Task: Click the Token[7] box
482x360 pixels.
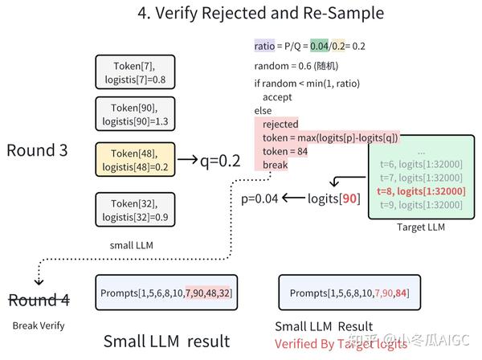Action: pyautogui.click(x=135, y=72)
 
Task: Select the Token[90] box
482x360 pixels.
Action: pyautogui.click(x=135, y=114)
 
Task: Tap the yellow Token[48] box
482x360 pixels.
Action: pyautogui.click(x=135, y=160)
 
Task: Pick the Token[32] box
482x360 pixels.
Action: pyautogui.click(x=135, y=210)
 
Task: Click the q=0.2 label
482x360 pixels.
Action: pyautogui.click(x=220, y=161)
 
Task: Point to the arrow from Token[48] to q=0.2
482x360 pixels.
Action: pyautogui.click(x=187, y=159)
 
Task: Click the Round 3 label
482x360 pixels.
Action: pyautogui.click(x=37, y=150)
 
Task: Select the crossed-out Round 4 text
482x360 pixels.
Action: pyautogui.click(x=39, y=300)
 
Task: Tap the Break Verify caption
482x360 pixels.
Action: pyautogui.click(x=39, y=325)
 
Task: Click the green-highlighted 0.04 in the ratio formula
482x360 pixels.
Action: pyautogui.click(x=319, y=46)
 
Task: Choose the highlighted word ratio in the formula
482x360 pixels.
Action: pyautogui.click(x=264, y=46)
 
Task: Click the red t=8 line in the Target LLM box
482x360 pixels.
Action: pyautogui.click(x=421, y=191)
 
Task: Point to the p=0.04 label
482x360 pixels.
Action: pyautogui.click(x=259, y=198)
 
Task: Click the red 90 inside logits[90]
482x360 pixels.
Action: pyautogui.click(x=349, y=198)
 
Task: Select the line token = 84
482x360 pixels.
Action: pyautogui.click(x=285, y=151)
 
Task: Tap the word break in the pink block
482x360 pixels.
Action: pyautogui.click(x=275, y=165)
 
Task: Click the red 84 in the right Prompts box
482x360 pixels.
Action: pyautogui.click(x=401, y=293)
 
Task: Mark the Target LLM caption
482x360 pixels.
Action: pyautogui.click(x=421, y=227)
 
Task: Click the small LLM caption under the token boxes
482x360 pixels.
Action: pyautogui.click(x=132, y=245)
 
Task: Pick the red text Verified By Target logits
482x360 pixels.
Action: pyautogui.click(x=341, y=344)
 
